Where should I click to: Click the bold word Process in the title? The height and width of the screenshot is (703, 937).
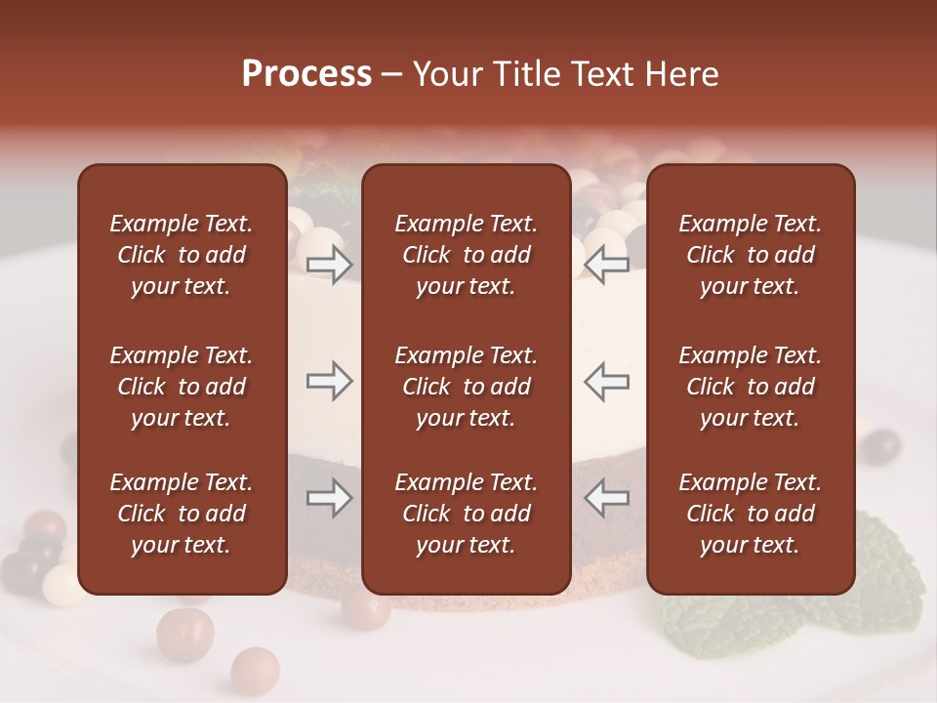tap(306, 74)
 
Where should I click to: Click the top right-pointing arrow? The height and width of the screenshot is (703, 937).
tap(329, 264)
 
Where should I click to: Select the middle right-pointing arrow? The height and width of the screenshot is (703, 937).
tap(329, 381)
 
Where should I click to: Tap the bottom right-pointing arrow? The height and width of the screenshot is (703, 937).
tap(329, 499)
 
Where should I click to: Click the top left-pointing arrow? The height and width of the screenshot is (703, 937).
tap(606, 264)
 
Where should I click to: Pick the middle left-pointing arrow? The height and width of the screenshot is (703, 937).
tap(606, 381)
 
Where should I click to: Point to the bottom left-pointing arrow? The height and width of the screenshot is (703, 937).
tap(606, 499)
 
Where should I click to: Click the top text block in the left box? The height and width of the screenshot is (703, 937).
tap(182, 255)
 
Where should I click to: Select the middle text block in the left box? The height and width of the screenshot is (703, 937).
tap(182, 387)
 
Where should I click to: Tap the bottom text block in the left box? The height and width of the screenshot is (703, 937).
tap(182, 514)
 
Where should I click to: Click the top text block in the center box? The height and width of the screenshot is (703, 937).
tap(466, 255)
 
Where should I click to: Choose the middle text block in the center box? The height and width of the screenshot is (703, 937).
tap(466, 387)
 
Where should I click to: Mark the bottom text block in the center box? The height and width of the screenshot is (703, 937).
tap(466, 514)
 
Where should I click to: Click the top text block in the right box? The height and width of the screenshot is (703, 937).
tap(750, 255)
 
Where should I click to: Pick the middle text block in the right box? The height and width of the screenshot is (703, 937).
tap(750, 387)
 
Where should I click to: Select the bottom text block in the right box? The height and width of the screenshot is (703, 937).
tap(750, 514)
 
